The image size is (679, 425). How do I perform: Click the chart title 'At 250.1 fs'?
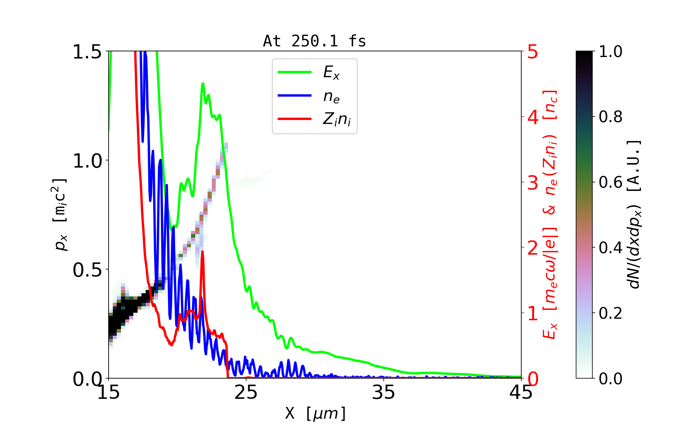[x=314, y=41]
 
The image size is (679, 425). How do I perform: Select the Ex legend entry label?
[x=331, y=73]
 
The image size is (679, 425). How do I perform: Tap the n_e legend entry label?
[x=331, y=96]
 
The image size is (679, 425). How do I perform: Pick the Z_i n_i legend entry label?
[x=337, y=120]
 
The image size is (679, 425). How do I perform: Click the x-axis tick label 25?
[x=246, y=392]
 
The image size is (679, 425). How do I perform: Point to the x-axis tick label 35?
[x=384, y=392]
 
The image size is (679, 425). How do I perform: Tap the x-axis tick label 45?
[x=521, y=392]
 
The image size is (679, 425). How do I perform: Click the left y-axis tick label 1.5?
[x=87, y=52]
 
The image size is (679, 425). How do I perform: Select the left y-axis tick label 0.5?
[x=87, y=270]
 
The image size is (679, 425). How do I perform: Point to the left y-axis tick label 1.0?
[x=87, y=161]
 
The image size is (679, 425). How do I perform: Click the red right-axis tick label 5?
[x=533, y=52]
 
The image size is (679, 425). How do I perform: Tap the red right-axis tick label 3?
[x=533, y=183]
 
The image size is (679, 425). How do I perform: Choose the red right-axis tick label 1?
[x=533, y=313]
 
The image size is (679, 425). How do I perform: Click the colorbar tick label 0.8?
[x=610, y=117]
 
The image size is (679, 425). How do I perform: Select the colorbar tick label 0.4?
[x=610, y=248]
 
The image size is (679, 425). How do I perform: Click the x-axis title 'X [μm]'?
[x=315, y=413]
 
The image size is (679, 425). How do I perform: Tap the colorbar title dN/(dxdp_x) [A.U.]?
[x=635, y=214]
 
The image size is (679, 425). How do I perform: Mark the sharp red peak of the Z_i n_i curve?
[x=202, y=251]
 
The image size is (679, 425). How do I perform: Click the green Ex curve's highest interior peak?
[x=203, y=84]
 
